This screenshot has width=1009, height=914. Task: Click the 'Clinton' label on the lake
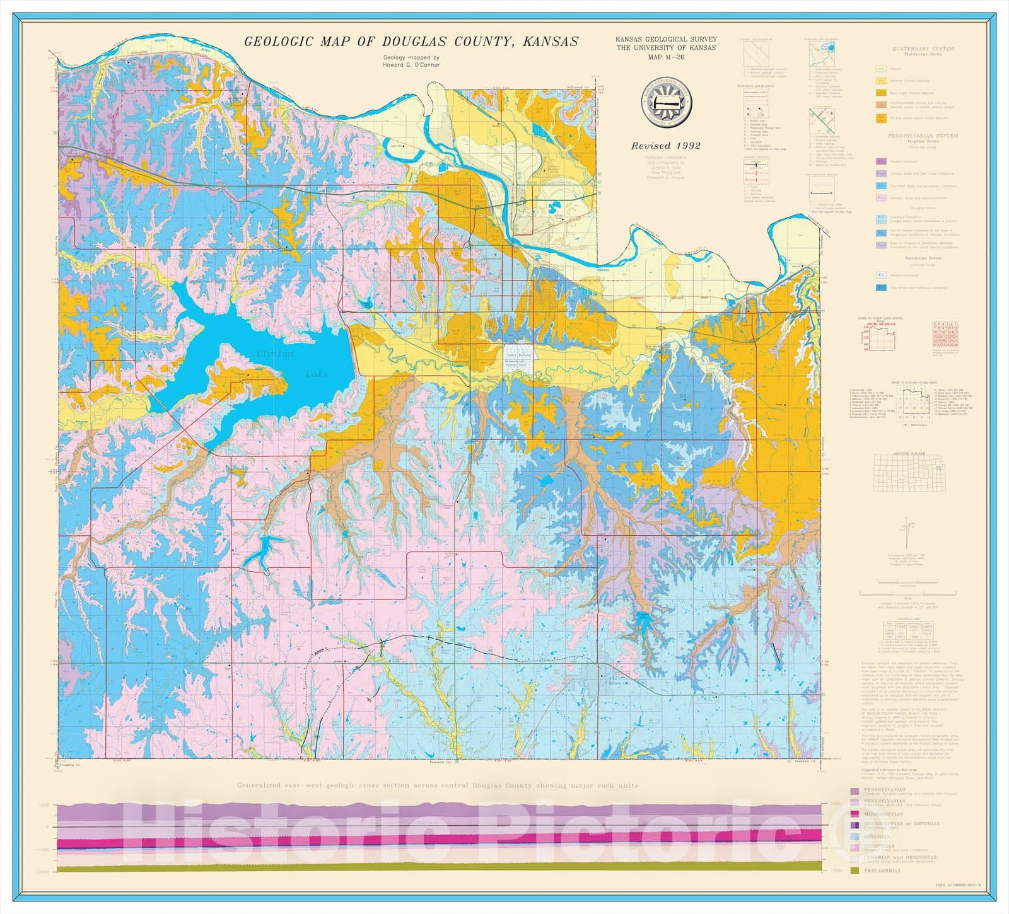pyautogui.click(x=275, y=354)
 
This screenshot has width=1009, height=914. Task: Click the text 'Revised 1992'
pyautogui.click(x=666, y=146)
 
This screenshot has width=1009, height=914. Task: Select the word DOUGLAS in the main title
pyautogui.click(x=422, y=42)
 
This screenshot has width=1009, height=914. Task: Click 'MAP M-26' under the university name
pyautogui.click(x=666, y=57)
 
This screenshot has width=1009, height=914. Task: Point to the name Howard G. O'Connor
pyautogui.click(x=411, y=65)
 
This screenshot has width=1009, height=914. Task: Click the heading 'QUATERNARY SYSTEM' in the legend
pyautogui.click(x=923, y=49)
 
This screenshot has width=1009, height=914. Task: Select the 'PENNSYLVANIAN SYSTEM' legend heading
pyautogui.click(x=923, y=136)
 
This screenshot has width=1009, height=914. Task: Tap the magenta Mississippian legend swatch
pyautogui.click(x=854, y=814)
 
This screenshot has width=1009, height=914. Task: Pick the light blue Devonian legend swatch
pyautogui.click(x=854, y=836)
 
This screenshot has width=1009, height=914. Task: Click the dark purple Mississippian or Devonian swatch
pyautogui.click(x=854, y=824)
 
